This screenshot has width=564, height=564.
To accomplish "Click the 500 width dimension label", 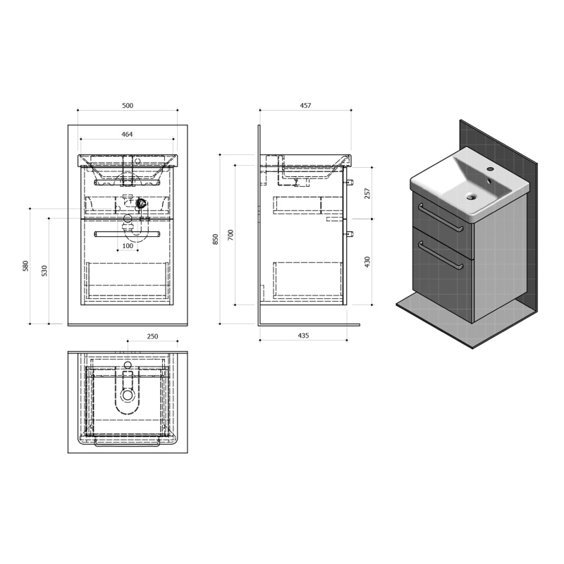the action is pyautogui.click(x=128, y=105).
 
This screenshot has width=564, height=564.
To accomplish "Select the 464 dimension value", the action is pyautogui.click(x=127, y=134).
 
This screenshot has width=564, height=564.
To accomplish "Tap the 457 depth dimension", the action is pyautogui.click(x=305, y=105).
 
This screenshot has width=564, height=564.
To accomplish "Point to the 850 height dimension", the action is pyautogui.click(x=216, y=239).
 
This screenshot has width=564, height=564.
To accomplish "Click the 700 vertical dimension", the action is pyautogui.click(x=231, y=235).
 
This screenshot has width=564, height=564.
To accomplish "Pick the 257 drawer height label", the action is pyautogui.click(x=367, y=193).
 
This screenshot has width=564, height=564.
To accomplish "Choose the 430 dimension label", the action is pyautogui.click(x=367, y=262).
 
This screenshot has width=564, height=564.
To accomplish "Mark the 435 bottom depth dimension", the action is pyautogui.click(x=303, y=336).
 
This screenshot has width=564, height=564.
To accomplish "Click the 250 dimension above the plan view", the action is pyautogui.click(x=152, y=336).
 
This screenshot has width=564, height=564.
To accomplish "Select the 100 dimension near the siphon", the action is pyautogui.click(x=128, y=246).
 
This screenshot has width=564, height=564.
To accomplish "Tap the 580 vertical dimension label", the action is pyautogui.click(x=25, y=266).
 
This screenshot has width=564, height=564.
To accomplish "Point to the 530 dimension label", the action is pyautogui.click(x=44, y=271).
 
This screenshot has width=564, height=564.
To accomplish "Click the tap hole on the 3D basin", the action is pyautogui.click(x=489, y=168).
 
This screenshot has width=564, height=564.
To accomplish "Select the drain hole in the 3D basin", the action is pyautogui.click(x=471, y=197).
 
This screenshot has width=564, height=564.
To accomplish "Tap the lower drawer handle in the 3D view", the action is pyautogui.click(x=440, y=255).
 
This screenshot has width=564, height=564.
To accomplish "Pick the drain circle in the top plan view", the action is pyautogui.click(x=128, y=395).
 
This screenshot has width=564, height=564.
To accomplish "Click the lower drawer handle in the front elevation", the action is pyautogui.click(x=127, y=235).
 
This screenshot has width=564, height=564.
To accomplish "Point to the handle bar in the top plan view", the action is pyautogui.click(x=127, y=443).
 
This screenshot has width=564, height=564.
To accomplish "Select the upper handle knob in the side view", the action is pyautogui.click(x=350, y=182).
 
